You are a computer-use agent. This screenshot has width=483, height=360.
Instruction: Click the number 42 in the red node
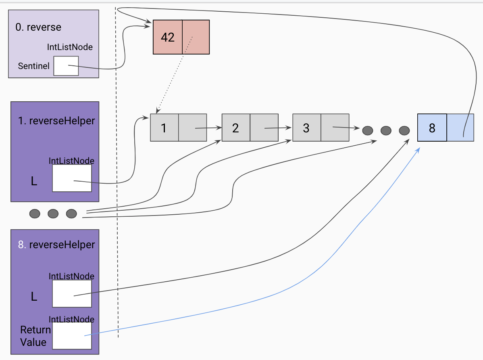[167, 37]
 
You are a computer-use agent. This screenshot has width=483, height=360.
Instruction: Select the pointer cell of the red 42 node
[196, 37]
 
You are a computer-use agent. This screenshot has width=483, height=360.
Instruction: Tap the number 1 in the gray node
[164, 128]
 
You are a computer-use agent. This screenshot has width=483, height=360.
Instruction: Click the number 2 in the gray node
[235, 128]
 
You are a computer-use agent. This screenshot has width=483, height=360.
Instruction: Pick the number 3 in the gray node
[306, 128]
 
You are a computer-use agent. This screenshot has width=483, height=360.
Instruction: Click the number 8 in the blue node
[432, 128]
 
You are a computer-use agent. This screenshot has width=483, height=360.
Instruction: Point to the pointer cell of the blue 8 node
[460, 128]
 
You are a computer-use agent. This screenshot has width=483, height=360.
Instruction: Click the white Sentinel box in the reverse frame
[66, 66]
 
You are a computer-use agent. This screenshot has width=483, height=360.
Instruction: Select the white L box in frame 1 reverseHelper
[72, 178]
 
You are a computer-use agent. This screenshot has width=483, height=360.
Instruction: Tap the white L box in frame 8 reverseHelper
[72, 293]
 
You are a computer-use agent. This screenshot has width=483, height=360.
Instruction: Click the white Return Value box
[72, 335]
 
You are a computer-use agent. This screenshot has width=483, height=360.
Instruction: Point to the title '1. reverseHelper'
[56, 121]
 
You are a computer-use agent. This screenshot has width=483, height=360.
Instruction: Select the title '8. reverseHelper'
[56, 245]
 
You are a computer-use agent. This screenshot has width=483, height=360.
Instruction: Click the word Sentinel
[34, 66]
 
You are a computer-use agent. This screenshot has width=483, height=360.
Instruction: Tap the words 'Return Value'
[35, 336]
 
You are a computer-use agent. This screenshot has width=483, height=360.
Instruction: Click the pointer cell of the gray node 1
[192, 128]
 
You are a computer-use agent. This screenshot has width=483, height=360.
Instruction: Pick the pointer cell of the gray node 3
[335, 128]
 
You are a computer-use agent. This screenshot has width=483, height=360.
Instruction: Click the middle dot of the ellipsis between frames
[53, 213]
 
